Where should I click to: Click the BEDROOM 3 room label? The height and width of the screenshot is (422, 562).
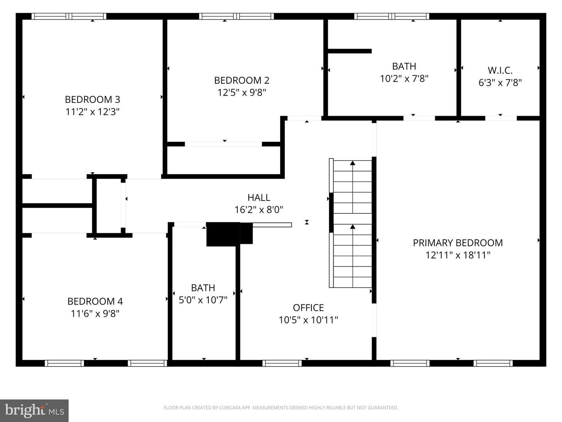[92, 99]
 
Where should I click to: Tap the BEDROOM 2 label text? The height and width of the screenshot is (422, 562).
[242, 80]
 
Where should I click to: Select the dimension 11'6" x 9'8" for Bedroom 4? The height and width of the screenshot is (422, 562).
[95, 313]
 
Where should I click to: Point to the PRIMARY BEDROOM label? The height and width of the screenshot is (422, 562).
[458, 243]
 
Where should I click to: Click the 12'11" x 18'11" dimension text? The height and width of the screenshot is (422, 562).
[458, 255]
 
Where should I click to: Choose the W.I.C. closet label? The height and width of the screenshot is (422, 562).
[500, 70]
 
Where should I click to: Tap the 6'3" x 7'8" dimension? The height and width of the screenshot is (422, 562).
[500, 82]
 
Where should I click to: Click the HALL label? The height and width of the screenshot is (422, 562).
[259, 198]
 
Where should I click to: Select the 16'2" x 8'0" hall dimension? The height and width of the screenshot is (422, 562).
[259, 210]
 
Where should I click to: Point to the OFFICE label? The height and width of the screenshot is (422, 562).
[308, 308]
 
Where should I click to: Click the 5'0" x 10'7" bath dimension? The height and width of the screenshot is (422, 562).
[203, 300]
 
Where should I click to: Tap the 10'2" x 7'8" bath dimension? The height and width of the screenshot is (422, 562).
[404, 79]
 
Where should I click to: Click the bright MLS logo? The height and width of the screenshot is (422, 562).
[34, 410]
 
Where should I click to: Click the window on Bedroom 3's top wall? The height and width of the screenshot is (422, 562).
[69, 16]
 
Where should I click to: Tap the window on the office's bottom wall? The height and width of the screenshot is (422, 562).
[282, 363]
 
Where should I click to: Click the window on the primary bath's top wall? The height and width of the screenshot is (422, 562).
[392, 16]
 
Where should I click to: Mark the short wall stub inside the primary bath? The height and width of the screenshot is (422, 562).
[350, 51]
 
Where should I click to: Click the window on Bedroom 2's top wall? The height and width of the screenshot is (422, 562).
[237, 16]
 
